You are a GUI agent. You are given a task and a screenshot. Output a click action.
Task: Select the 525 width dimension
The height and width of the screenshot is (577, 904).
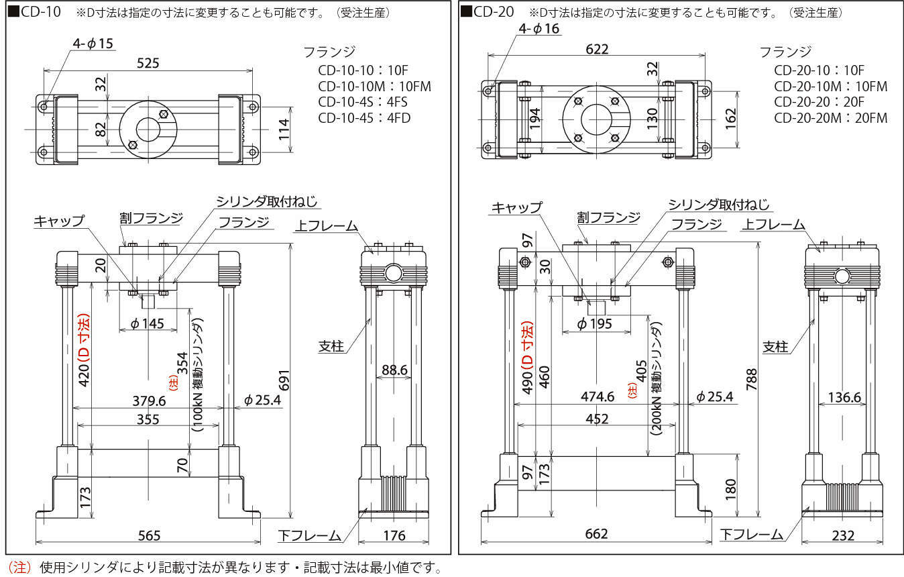coord(148,63)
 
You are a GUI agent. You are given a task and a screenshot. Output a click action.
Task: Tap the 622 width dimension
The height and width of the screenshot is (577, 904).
coord(596,49)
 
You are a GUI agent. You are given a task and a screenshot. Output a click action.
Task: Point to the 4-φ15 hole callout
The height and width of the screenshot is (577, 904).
coord(93,44)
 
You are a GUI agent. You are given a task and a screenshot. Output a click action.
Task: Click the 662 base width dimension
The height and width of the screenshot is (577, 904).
coord(596,534)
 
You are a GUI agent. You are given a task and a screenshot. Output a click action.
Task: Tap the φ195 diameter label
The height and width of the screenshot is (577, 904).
coord(596,324)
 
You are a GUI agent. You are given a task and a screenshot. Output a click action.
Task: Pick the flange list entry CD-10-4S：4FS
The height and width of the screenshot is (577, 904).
coord(363,102)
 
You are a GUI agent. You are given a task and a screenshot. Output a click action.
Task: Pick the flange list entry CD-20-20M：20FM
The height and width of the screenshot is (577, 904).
coord(830,118)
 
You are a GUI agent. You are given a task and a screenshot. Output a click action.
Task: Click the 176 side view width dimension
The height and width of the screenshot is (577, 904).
coord(394,535)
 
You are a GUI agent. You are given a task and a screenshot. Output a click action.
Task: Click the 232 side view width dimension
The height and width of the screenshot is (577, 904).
coord(843,535)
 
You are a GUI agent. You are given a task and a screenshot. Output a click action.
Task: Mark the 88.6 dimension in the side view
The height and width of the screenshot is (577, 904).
coord(394,370)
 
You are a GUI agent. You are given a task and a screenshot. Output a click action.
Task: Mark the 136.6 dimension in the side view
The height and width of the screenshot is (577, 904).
coord(844,397)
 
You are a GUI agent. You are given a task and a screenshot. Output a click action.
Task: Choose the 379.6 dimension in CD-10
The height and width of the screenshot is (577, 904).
coord(148,401)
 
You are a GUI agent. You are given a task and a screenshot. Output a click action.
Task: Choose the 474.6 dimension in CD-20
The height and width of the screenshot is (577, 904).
coord(597,397)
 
